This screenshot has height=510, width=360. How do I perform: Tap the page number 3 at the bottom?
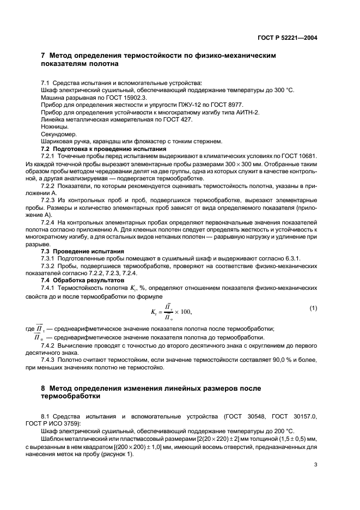316,465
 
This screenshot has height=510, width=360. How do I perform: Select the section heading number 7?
44,56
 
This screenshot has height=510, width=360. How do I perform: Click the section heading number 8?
44,388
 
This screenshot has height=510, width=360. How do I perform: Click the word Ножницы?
54,126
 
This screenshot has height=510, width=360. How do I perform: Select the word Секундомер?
58,134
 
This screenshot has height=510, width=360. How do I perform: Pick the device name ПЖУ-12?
181,104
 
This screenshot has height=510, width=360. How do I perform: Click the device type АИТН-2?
246,112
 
